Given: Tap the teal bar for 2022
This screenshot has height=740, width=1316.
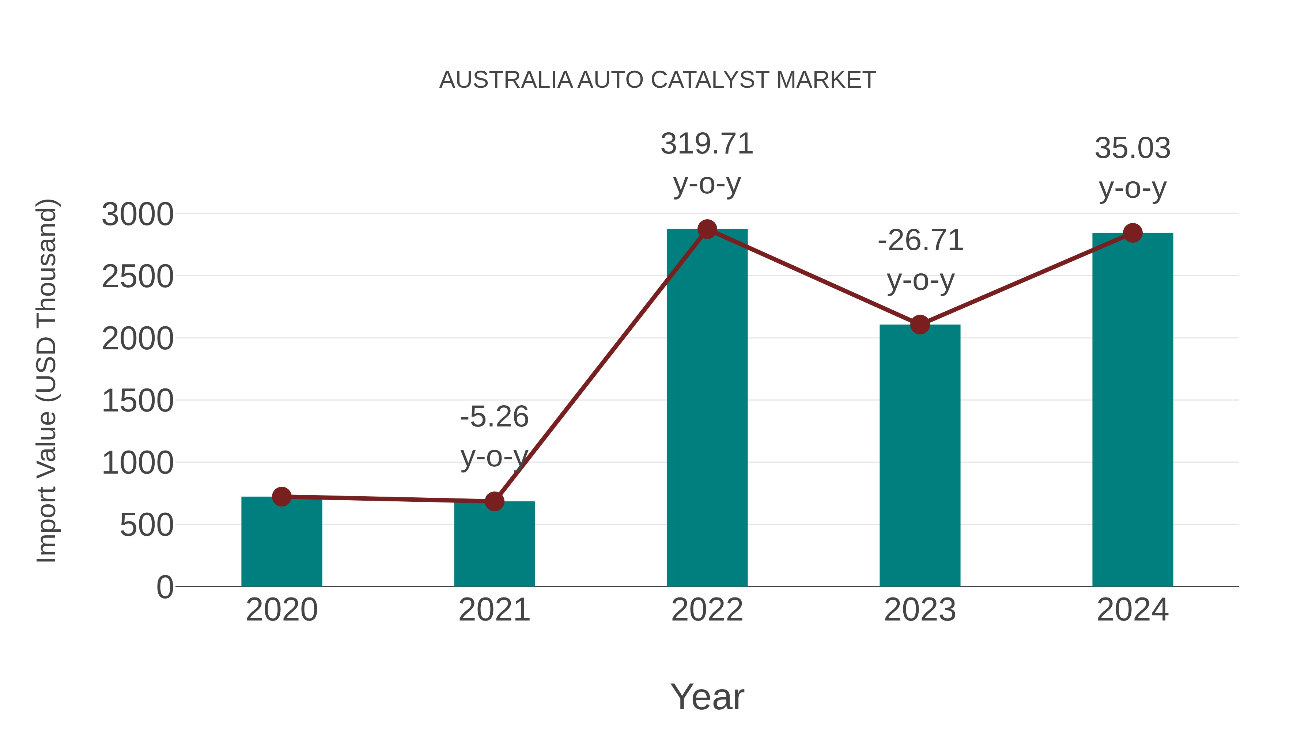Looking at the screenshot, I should tap(707, 409).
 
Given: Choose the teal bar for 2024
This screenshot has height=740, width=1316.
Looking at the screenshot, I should tap(1132, 409).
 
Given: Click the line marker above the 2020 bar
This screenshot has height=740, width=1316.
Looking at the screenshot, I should tap(281, 496).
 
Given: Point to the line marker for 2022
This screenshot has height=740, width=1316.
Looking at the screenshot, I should tap(707, 229).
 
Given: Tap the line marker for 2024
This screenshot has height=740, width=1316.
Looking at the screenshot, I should tap(1132, 233).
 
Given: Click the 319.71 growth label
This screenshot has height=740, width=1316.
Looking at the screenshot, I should tap(707, 144).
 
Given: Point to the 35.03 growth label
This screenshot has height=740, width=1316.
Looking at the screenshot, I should tap(1132, 149).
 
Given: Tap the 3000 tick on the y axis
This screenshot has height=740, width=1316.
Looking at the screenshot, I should tap(137, 215).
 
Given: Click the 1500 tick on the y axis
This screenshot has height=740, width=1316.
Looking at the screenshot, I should tap(137, 401).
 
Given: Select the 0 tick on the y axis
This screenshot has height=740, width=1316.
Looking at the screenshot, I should tap(164, 587).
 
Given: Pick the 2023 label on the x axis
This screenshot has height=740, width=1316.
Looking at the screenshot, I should tap(920, 610).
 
